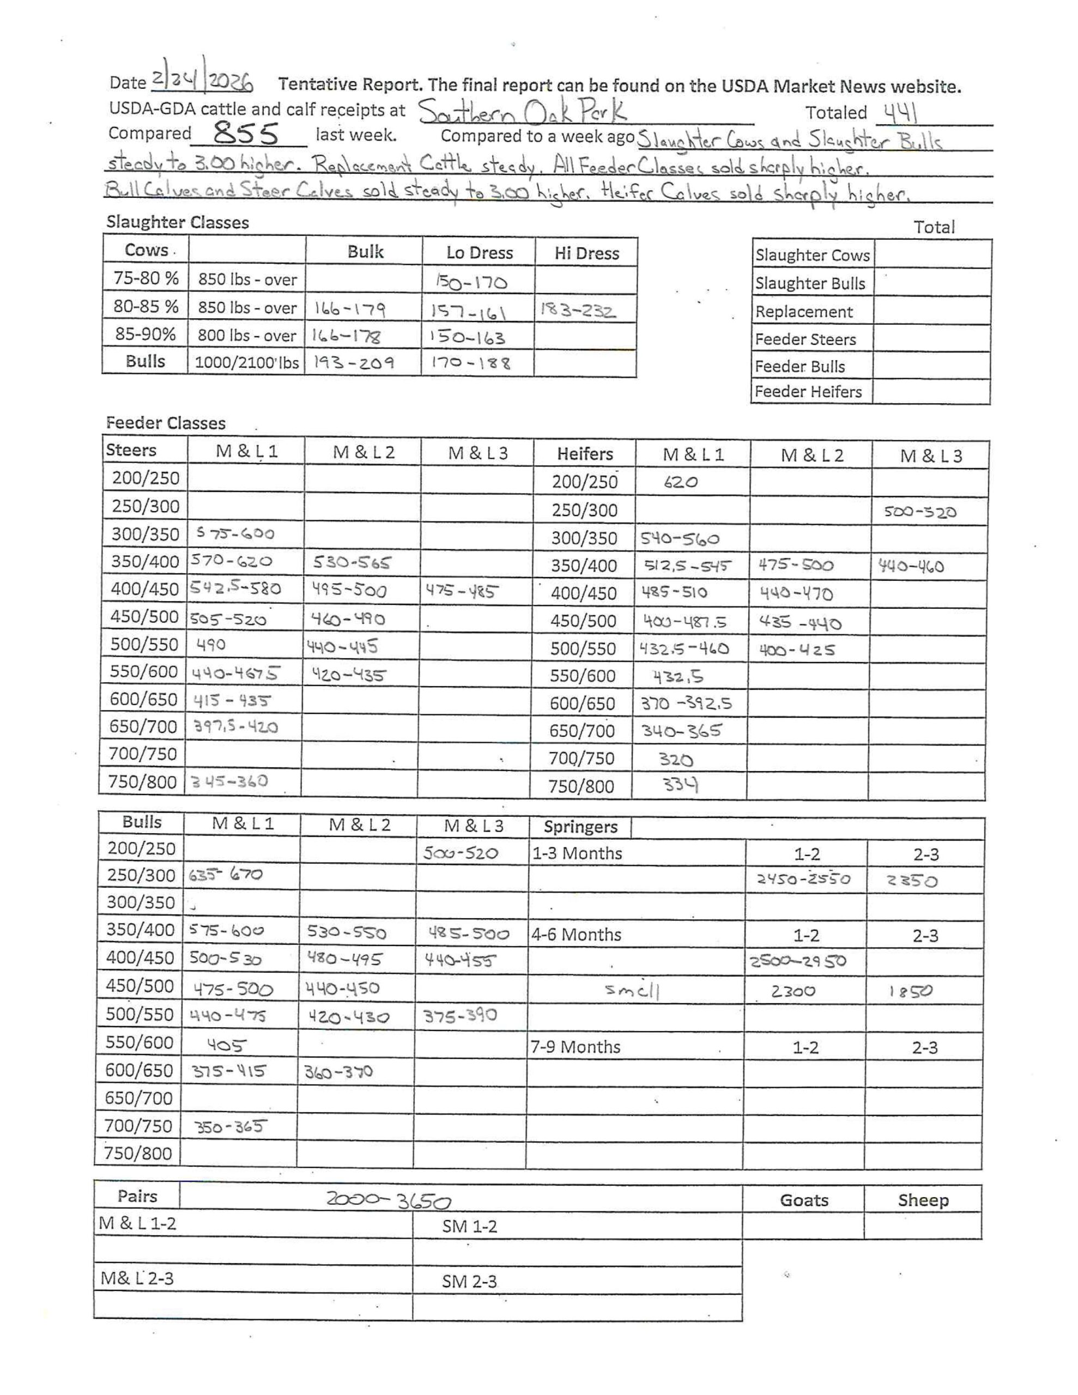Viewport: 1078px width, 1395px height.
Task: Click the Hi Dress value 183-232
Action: (x=578, y=311)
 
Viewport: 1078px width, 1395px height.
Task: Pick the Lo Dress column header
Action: (x=479, y=253)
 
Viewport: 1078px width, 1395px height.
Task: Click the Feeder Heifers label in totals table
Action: (x=808, y=392)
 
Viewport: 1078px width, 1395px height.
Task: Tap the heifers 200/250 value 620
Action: (x=681, y=483)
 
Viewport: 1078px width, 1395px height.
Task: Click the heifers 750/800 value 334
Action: (x=680, y=784)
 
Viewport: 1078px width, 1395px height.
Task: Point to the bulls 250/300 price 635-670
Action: (x=225, y=875)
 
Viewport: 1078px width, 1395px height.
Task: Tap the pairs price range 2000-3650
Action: (x=389, y=1200)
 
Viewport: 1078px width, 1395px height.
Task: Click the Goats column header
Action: (x=804, y=1200)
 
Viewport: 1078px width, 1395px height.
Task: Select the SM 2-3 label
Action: (x=469, y=1281)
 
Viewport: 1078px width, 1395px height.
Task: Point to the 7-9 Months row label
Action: (x=576, y=1047)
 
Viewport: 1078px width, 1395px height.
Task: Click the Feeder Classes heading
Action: (x=166, y=423)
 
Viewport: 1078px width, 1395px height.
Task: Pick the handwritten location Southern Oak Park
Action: (x=523, y=112)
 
